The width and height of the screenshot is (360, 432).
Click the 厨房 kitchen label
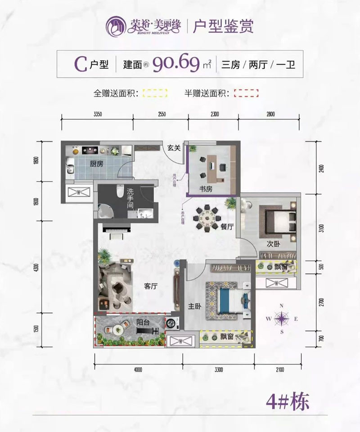96,164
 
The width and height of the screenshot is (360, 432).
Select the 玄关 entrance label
174,147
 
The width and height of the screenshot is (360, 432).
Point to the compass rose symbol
282,319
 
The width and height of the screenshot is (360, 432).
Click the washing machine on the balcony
171,323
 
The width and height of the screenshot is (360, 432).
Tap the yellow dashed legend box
155,94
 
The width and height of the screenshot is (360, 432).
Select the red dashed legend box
247,94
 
